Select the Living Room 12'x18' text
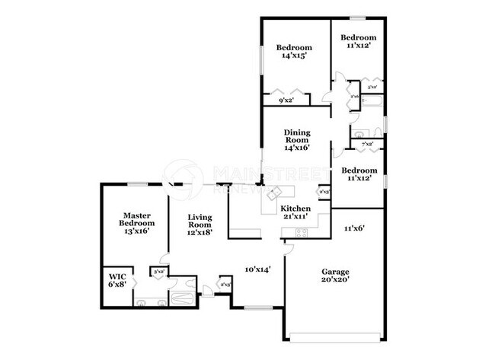[x=200, y=225]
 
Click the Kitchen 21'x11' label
[x=296, y=212]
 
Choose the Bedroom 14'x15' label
[x=293, y=51]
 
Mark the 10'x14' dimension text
[x=258, y=269]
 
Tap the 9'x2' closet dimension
[x=286, y=100]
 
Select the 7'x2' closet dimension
[x=366, y=144]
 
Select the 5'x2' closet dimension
[x=372, y=88]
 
